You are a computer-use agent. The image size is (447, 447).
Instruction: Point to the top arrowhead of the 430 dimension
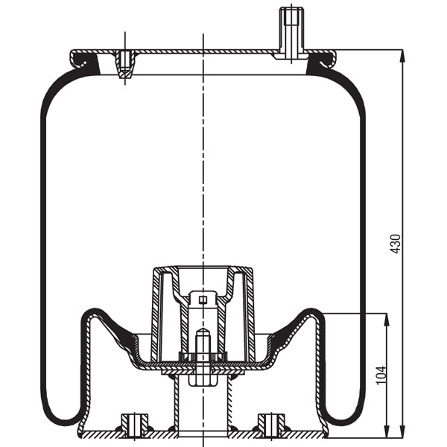(x=402, y=54)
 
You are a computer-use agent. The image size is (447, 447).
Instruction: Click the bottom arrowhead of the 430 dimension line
(x=402, y=434)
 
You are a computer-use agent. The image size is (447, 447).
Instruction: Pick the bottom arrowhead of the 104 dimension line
(x=387, y=434)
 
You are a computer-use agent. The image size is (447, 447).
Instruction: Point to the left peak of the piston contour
(x=90, y=311)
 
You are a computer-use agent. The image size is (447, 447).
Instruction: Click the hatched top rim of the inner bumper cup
(x=202, y=269)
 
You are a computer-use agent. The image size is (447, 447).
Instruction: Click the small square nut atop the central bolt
(x=201, y=300)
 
